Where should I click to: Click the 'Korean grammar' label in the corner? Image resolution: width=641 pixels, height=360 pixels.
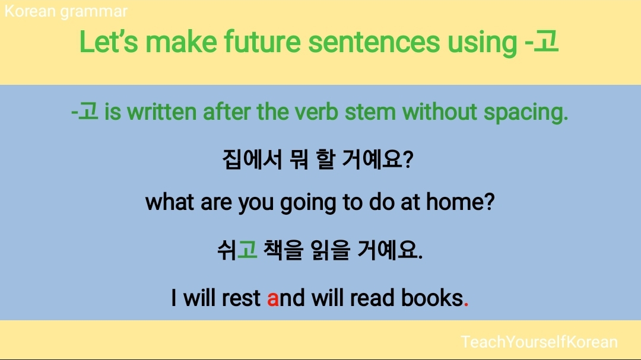tap(66, 12)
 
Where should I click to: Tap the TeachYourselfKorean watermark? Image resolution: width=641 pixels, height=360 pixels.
tap(539, 342)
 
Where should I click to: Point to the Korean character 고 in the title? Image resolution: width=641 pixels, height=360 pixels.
tap(547, 41)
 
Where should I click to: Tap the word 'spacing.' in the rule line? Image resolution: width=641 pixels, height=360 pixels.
tap(526, 112)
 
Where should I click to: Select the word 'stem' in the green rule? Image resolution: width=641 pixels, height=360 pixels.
tap(370, 112)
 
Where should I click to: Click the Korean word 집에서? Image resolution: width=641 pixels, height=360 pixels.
tap(252, 160)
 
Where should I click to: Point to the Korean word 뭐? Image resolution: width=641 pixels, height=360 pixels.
tap(299, 160)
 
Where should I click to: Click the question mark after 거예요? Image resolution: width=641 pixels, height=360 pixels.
tap(408, 160)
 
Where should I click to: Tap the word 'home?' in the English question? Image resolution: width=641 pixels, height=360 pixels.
tap(461, 202)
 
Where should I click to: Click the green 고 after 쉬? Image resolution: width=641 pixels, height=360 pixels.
tap(247, 250)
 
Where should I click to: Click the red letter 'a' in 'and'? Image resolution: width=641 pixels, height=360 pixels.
tap(272, 299)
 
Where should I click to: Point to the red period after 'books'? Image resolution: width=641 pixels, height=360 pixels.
tap(466, 304)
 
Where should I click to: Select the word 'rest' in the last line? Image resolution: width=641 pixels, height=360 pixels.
tap(241, 298)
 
